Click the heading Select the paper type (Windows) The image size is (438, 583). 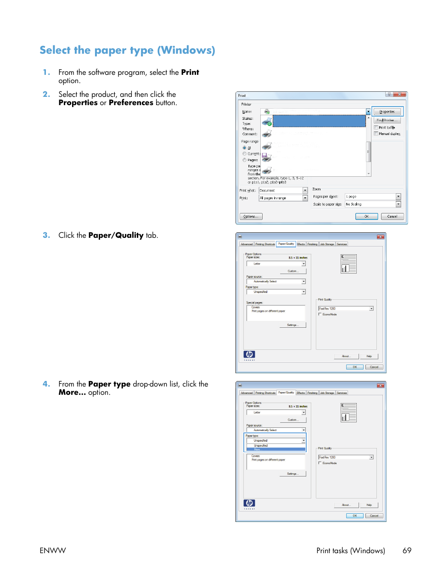(x=127, y=50)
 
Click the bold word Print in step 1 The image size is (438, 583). (x=190, y=73)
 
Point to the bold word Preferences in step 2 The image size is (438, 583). (x=131, y=103)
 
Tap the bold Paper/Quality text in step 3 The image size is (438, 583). (x=116, y=235)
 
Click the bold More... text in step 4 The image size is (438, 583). (x=72, y=392)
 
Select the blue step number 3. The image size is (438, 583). (x=46, y=235)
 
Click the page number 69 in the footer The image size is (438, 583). (x=407, y=550)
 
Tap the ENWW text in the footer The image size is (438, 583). (x=53, y=550)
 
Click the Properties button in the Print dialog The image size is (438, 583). (x=387, y=112)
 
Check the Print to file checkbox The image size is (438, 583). (x=376, y=128)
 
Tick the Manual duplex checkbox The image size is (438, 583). (x=376, y=134)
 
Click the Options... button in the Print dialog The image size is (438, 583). (x=251, y=217)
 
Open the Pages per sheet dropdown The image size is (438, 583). (x=398, y=196)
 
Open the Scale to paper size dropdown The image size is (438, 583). (x=398, y=204)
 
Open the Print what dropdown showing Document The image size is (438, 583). (x=305, y=191)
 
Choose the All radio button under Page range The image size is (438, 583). (x=244, y=148)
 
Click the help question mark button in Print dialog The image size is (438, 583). (x=389, y=95)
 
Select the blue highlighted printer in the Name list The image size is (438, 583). (x=319, y=121)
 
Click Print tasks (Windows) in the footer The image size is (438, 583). (x=350, y=550)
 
